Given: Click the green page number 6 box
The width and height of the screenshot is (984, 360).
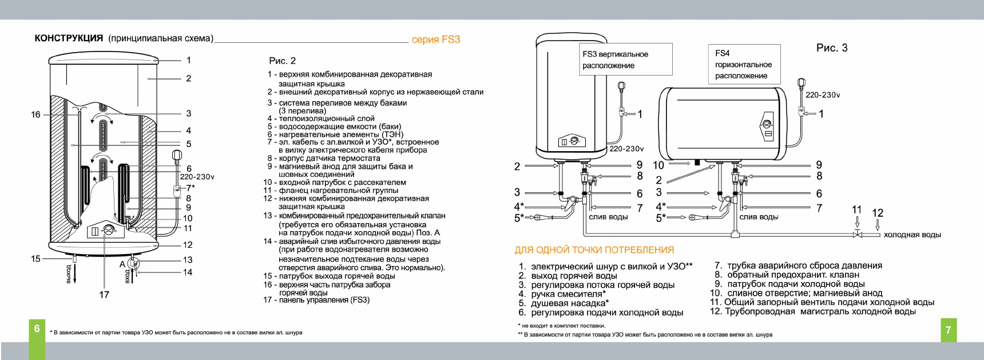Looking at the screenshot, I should (x=37, y=329).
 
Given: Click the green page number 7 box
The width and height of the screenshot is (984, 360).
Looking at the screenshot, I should (x=948, y=330).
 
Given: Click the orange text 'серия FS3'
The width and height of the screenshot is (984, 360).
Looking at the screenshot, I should (x=436, y=39).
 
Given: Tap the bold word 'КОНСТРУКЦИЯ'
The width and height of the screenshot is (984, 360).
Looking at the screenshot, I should (x=69, y=38).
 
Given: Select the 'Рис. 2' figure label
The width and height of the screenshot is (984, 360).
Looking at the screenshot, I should (x=283, y=61).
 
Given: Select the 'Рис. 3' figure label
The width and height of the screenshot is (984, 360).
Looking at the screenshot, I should (x=832, y=48).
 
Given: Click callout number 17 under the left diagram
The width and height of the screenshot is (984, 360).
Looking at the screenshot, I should (x=104, y=295).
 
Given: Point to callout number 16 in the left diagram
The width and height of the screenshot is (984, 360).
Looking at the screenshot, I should (x=35, y=114).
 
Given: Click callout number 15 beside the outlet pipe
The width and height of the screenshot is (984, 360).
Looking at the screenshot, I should (x=35, y=259).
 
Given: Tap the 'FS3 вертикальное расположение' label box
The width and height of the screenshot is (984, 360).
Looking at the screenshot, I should (x=625, y=60).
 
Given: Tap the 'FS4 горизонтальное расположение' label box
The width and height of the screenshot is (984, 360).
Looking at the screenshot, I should (x=744, y=64).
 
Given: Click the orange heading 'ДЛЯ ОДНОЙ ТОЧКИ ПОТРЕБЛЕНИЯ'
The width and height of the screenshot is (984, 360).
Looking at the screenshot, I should (x=594, y=250).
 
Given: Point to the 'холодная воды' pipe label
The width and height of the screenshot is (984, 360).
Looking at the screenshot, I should (x=912, y=235).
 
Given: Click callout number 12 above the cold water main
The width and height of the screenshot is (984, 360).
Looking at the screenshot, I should (x=878, y=213).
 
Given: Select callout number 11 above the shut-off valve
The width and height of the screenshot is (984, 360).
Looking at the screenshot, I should (x=856, y=210).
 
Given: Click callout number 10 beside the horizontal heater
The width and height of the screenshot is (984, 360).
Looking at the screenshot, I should (x=658, y=165).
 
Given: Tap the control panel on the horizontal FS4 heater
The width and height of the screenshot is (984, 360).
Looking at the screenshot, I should (x=767, y=128).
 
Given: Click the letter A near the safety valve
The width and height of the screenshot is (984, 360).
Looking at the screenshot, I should (x=122, y=264).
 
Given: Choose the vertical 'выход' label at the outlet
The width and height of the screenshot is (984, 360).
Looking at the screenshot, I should (x=69, y=274).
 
